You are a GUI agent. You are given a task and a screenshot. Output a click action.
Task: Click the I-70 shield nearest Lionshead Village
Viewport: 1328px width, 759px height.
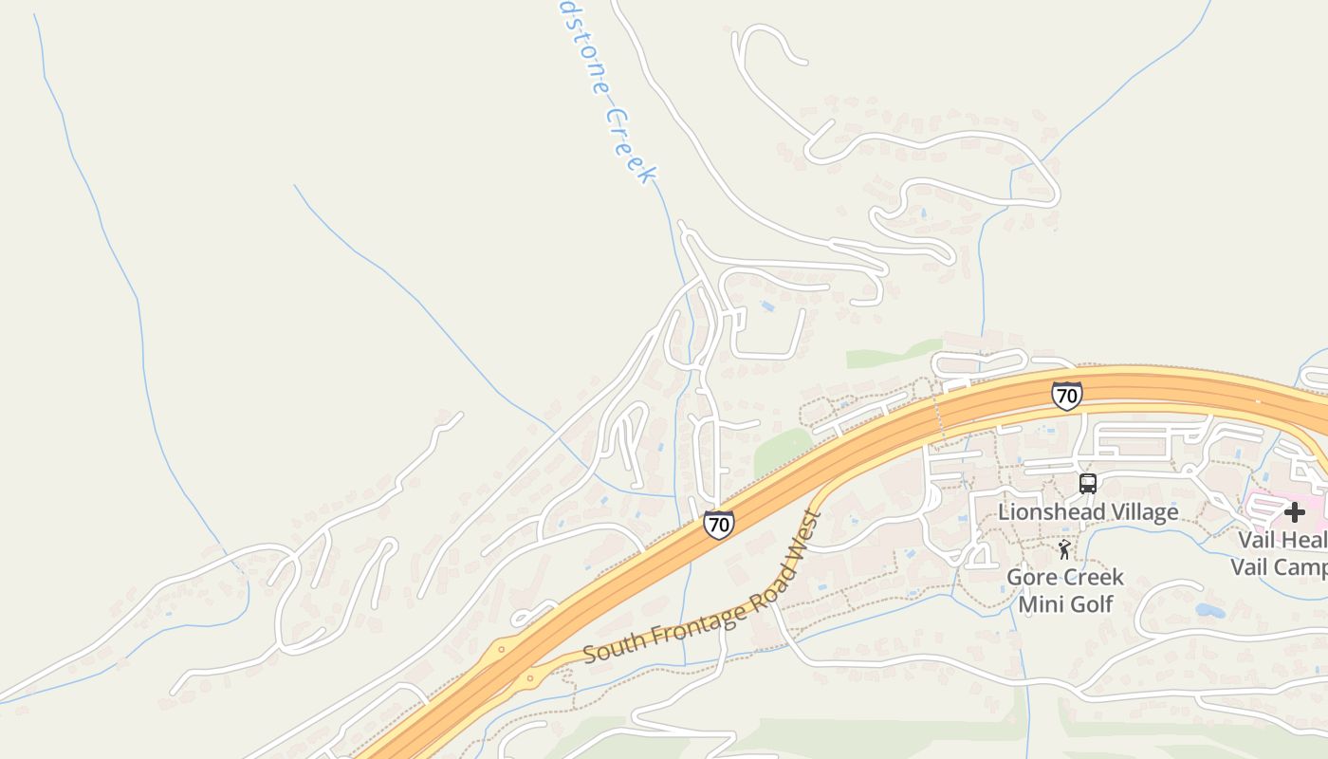point(1066,395)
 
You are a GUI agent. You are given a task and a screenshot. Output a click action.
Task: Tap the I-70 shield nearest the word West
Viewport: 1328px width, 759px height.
point(718,524)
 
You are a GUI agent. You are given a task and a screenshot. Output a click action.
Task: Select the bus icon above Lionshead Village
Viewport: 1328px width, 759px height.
point(1088,484)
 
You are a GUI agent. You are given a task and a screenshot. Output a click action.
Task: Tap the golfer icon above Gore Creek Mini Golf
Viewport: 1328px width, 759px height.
point(1064,549)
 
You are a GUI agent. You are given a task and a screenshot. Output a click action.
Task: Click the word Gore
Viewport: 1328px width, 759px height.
point(1030,577)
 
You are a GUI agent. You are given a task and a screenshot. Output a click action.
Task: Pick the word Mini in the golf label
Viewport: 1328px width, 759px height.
point(1042,603)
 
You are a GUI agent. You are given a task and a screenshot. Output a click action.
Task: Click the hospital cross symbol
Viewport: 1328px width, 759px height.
point(1294,512)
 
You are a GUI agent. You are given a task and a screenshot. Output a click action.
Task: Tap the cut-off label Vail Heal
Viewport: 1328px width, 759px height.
point(1282,541)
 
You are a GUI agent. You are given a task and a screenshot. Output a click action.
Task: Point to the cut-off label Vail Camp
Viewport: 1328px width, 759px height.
point(1279,567)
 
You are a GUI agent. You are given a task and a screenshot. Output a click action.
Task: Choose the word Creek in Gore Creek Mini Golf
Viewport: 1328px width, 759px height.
point(1092,577)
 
